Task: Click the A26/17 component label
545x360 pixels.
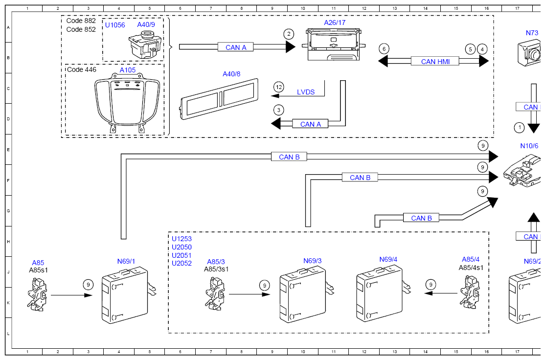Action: (335, 22)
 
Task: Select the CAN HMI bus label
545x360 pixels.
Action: (435, 62)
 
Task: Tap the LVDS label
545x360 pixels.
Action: (306, 92)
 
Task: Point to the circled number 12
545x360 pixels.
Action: (279, 87)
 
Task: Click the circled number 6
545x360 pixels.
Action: (384, 49)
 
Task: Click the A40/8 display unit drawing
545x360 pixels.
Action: (219, 99)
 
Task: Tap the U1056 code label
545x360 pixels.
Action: (115, 25)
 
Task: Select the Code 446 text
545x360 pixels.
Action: (82, 69)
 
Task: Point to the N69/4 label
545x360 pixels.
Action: (388, 260)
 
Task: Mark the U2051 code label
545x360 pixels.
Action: (182, 255)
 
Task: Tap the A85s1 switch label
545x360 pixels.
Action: (39, 270)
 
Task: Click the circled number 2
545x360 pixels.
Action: (289, 34)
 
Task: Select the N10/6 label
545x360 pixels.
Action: (529, 146)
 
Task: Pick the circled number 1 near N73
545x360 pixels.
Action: (519, 128)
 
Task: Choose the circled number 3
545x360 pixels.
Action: (279, 111)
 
